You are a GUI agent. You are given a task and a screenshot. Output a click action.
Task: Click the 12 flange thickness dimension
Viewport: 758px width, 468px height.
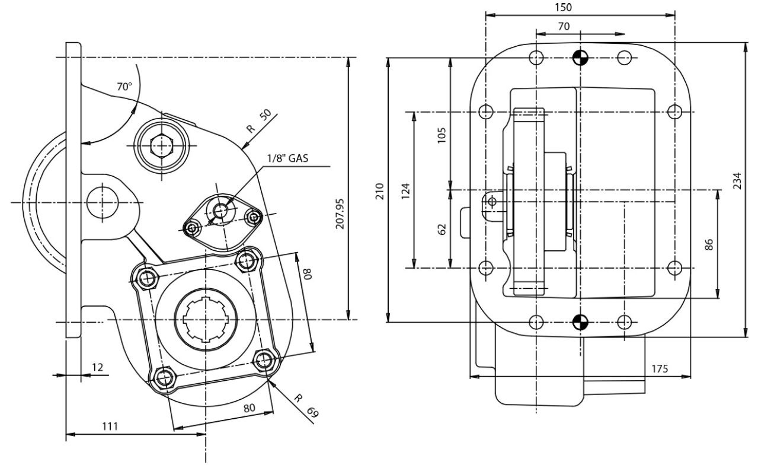(x=97, y=368)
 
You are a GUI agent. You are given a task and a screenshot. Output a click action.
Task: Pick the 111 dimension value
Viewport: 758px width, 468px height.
(x=110, y=426)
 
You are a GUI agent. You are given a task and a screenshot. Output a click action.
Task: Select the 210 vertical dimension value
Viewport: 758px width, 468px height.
(x=379, y=190)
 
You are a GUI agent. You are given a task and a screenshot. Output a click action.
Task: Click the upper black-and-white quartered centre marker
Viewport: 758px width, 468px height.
(x=580, y=58)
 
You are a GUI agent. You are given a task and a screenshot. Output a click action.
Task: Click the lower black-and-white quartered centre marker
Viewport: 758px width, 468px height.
(x=580, y=322)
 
